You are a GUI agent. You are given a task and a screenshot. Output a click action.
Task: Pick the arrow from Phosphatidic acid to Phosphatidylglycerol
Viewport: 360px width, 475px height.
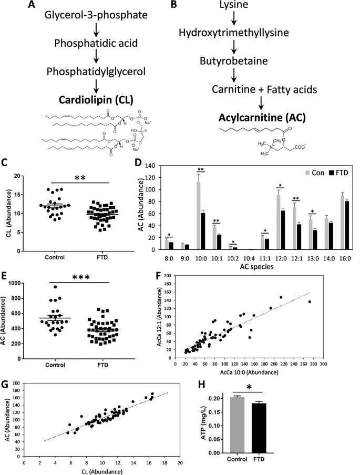click(85, 57)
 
